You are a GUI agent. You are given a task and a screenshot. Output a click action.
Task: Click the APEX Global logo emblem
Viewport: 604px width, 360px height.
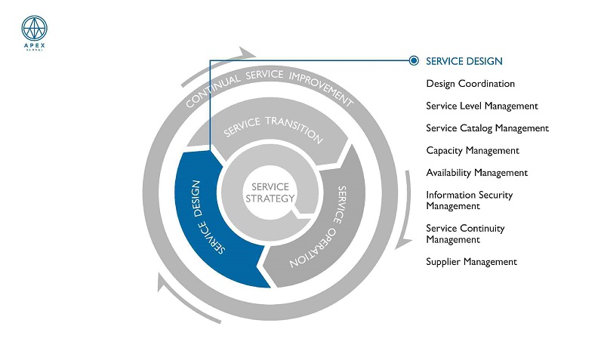[x=34, y=29]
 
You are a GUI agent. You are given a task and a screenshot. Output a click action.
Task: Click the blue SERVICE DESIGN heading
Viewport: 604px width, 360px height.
[x=464, y=61]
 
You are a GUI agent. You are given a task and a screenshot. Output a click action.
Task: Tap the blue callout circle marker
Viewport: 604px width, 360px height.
[x=414, y=60]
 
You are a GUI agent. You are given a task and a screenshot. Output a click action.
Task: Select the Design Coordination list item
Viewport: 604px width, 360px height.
[x=470, y=84]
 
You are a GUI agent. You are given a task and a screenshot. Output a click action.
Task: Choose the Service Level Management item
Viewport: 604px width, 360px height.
[x=482, y=106]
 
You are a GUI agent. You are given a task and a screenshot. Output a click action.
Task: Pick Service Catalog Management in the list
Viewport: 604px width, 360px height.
[x=487, y=128]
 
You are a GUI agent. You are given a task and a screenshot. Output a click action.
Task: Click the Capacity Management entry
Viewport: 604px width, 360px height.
[x=473, y=150]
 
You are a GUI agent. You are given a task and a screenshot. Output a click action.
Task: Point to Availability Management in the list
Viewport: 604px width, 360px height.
[x=477, y=173]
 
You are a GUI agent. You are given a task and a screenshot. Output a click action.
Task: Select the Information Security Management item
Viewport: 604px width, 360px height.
[x=469, y=200]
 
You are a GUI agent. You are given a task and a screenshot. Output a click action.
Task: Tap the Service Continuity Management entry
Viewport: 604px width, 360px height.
[x=465, y=234]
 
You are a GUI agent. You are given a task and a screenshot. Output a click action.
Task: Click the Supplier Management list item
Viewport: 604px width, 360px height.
[x=471, y=262]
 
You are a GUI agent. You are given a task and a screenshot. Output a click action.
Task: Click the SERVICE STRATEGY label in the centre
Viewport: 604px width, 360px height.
[x=270, y=192]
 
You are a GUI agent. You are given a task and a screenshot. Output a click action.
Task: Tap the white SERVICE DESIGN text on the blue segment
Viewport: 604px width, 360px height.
[x=207, y=217]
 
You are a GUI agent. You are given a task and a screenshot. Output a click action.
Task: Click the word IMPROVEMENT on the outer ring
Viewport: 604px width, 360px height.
[x=321, y=88]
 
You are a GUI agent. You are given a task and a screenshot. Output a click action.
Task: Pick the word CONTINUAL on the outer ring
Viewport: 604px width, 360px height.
[x=212, y=91]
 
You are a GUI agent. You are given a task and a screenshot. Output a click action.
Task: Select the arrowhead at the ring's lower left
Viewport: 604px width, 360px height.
[x=163, y=282]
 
